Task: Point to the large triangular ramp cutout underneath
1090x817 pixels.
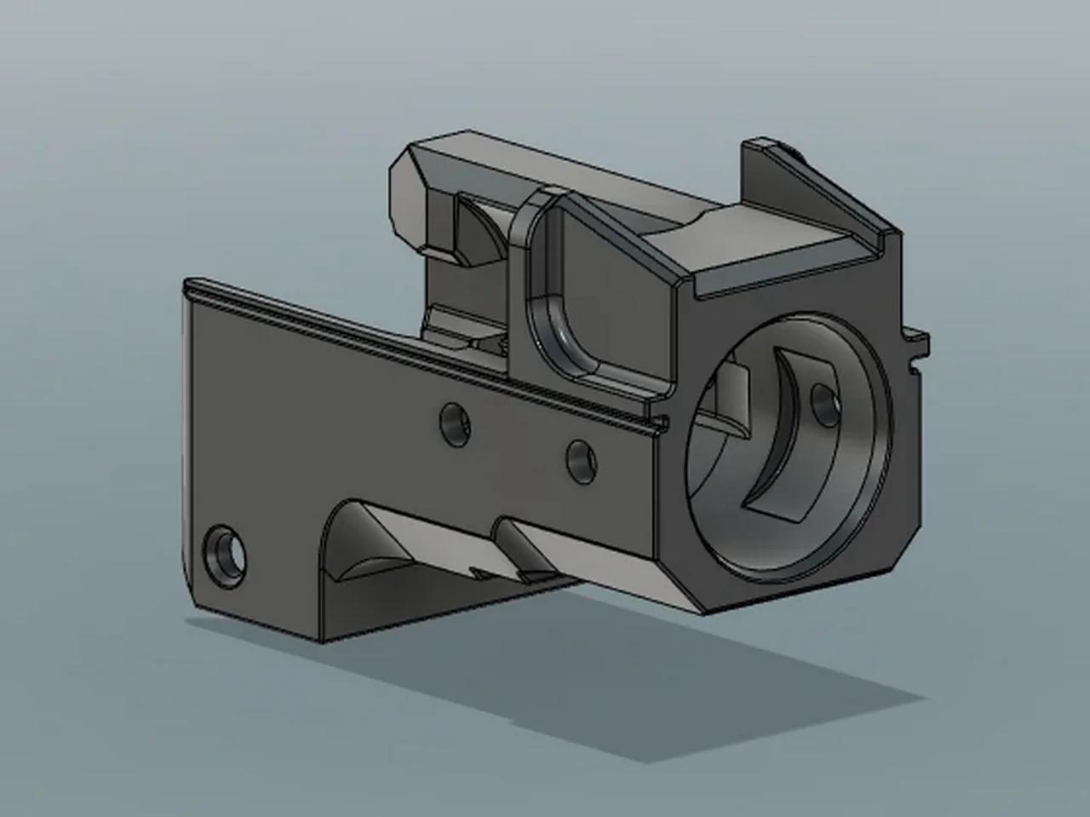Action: [x=375, y=545]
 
